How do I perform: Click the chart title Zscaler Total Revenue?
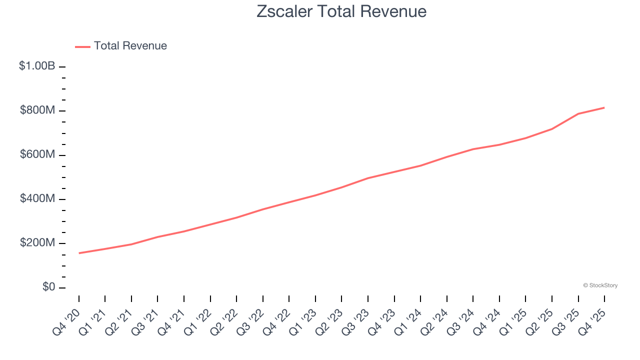point(341,11)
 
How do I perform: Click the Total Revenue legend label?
point(130,46)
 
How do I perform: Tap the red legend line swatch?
point(82,46)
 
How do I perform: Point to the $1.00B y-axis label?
point(37,65)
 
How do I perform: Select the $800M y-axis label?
point(37,110)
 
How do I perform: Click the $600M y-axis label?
point(37,154)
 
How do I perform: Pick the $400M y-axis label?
point(37,198)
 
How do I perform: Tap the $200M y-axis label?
point(37,243)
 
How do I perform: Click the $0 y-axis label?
point(49,287)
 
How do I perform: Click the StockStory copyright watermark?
point(600,285)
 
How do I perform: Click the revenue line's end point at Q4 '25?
point(604,107)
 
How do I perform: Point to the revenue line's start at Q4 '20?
point(79,253)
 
